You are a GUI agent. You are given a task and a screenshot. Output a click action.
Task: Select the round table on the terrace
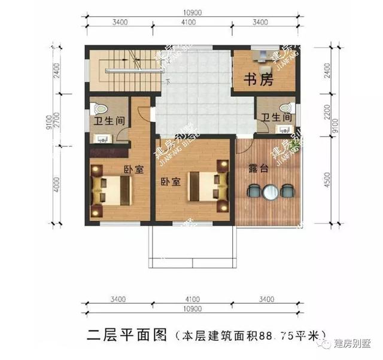[271, 191]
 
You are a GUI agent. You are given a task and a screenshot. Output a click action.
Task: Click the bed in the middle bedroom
[203, 186]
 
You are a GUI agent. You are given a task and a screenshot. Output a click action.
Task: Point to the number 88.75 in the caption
[277, 335]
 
